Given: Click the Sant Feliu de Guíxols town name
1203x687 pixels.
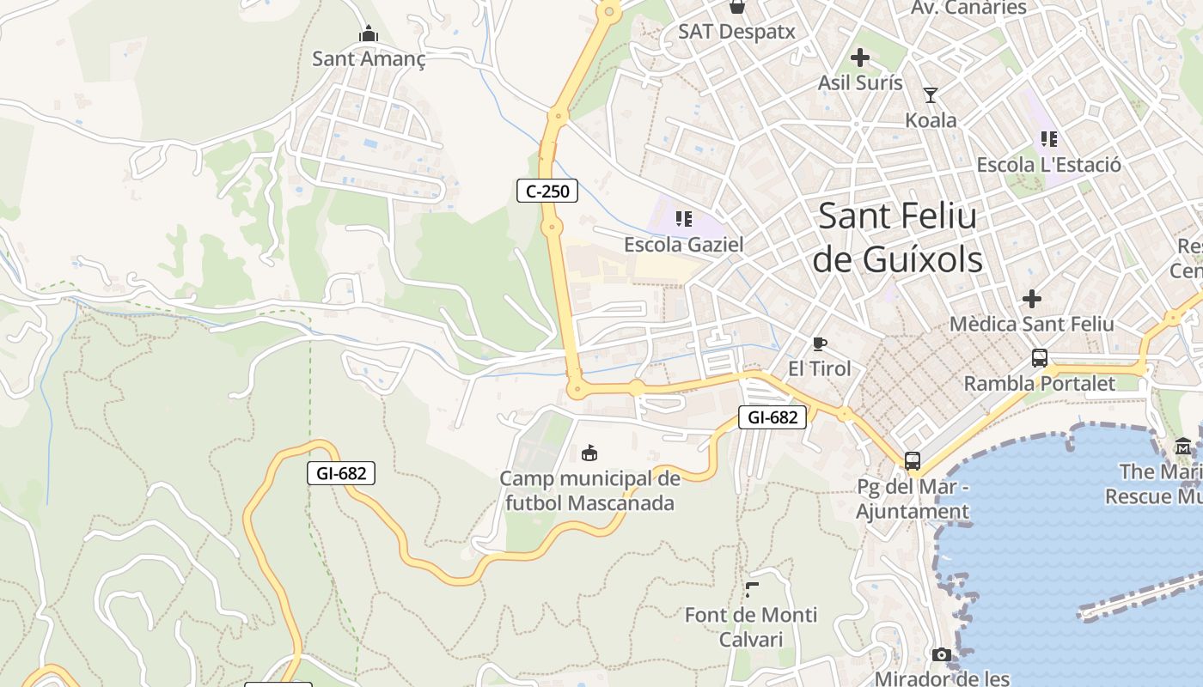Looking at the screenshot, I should pos(898,238).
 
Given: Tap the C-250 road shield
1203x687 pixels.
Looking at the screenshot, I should pos(547,191).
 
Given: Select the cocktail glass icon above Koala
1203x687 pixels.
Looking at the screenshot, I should pos(930,94).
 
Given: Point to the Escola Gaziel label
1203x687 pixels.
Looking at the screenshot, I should pos(683,245).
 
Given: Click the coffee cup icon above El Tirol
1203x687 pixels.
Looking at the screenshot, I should pos(820,344).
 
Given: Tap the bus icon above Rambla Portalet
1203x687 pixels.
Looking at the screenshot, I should pos(1039,358).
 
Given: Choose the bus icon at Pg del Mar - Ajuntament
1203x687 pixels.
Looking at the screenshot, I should pos(913,461).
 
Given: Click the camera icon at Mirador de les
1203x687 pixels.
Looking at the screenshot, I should pos(942,655).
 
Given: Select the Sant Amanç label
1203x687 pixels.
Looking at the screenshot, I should pos(369,58).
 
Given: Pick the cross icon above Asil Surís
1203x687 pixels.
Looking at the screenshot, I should pos(859,58).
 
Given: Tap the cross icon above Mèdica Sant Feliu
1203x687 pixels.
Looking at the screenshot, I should pos(1031,299).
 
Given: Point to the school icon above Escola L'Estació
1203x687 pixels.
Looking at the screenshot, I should pos(1048,138).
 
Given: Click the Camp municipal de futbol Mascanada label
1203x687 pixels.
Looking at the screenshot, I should pos(589,490).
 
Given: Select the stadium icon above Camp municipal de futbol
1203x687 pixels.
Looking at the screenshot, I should pos(589,453).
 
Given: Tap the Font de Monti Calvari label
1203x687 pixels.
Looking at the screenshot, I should pos(751,627).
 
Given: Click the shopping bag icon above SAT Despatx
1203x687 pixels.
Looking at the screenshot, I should pos(736,8).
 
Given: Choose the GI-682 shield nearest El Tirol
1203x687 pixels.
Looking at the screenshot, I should pos(772,417).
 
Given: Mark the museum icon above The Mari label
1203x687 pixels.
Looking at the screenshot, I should pos(1183,446).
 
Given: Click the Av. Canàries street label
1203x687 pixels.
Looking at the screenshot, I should pos(968,8).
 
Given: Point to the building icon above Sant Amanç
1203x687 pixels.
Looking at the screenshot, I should pos(369,34).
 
